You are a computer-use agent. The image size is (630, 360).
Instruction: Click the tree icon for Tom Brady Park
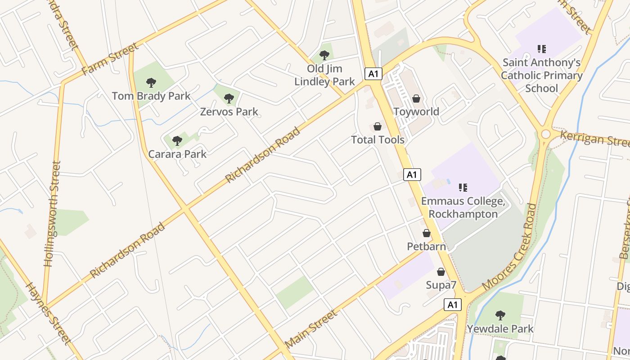click(151, 82)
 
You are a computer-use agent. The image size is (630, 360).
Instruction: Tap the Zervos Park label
click(229, 112)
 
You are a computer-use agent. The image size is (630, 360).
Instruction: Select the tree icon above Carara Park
click(177, 141)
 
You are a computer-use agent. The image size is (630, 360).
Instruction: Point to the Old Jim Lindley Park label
click(324, 75)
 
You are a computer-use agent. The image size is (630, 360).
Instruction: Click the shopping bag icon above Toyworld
click(416, 98)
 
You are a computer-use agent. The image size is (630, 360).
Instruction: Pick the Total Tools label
click(378, 139)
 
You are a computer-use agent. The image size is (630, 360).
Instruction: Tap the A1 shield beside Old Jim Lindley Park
click(373, 74)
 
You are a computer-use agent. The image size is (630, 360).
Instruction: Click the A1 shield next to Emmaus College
click(412, 175)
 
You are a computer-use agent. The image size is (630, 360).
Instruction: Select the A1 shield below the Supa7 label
click(453, 305)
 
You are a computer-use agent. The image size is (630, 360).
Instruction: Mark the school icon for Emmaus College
click(463, 187)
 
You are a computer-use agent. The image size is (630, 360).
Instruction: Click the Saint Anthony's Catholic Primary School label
click(541, 75)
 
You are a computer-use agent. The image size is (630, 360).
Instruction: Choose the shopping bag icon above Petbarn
click(427, 233)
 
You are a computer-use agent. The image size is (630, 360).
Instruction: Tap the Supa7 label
click(441, 285)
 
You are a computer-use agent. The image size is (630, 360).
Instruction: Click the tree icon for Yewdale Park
click(500, 315)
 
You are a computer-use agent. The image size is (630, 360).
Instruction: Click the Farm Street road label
click(110, 59)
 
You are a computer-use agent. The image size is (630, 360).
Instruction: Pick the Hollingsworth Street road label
click(52, 214)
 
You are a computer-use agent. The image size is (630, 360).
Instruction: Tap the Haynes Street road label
click(48, 313)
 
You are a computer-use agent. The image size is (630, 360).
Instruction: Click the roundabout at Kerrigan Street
click(546, 134)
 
